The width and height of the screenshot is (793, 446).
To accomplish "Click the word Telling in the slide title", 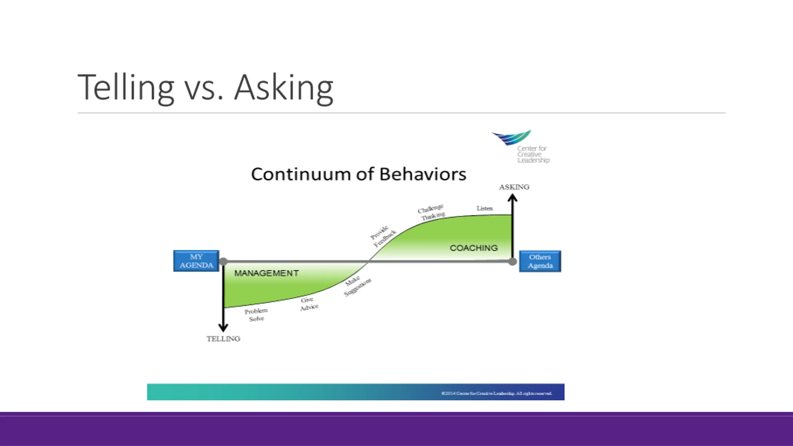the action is (x=125, y=87).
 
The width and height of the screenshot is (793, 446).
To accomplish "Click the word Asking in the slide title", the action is (x=283, y=87).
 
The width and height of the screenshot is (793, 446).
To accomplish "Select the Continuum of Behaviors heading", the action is (x=358, y=174).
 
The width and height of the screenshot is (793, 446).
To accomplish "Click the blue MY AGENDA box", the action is (x=196, y=261).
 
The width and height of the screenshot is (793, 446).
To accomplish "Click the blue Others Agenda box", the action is (x=540, y=261).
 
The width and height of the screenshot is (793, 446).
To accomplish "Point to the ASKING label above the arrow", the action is (x=514, y=187).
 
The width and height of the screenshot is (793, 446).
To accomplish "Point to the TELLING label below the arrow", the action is (x=223, y=339).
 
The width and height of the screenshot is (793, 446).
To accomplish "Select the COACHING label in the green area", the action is (x=474, y=248).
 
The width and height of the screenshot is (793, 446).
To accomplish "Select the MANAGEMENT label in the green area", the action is (x=266, y=273).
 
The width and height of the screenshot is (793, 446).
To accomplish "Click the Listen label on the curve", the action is (x=484, y=208).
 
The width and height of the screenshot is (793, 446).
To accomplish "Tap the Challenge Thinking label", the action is (x=432, y=212).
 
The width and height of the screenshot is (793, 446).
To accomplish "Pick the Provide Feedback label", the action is (x=383, y=237).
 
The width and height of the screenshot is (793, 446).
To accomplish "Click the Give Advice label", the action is (x=309, y=304).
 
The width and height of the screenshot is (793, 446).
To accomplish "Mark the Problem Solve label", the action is (x=256, y=315).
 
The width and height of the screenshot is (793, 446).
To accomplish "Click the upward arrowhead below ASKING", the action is (x=513, y=198).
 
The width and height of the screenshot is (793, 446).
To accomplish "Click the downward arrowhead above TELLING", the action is (x=223, y=327).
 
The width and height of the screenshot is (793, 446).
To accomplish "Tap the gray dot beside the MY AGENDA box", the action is (x=223, y=262).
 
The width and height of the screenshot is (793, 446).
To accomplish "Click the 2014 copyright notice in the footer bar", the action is (x=496, y=393).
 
